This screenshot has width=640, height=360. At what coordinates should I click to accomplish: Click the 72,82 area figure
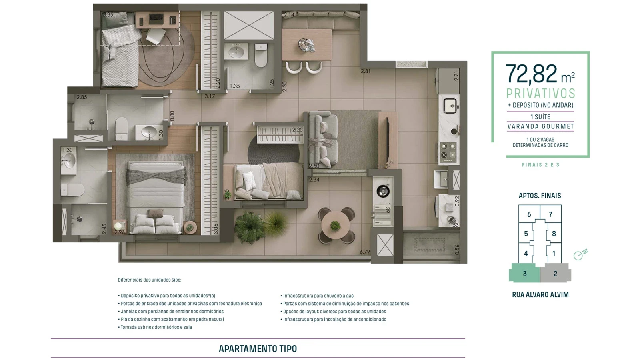point(531,74)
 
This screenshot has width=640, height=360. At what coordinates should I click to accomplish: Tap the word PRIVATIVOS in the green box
point(540,93)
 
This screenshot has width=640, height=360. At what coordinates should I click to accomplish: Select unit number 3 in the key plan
point(525,274)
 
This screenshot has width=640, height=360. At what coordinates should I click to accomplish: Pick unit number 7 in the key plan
point(550,214)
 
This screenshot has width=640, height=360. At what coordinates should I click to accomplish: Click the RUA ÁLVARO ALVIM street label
point(540,295)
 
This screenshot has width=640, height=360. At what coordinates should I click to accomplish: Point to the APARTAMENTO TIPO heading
point(258,349)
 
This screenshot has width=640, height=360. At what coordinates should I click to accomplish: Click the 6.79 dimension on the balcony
point(365,252)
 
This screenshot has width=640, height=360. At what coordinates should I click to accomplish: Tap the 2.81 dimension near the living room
point(366,71)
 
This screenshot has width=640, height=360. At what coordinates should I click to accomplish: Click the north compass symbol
point(579,255)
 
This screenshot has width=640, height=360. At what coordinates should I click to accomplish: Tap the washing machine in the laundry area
point(383,191)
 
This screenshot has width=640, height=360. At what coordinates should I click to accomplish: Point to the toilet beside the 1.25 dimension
point(261,55)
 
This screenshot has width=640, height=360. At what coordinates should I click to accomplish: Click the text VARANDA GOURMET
point(540,126)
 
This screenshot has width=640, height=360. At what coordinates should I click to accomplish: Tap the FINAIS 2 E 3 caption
point(540,165)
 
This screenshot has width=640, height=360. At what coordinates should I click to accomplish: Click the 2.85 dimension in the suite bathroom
point(82,97)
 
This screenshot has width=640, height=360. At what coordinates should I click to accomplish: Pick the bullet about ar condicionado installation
point(334,319)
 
